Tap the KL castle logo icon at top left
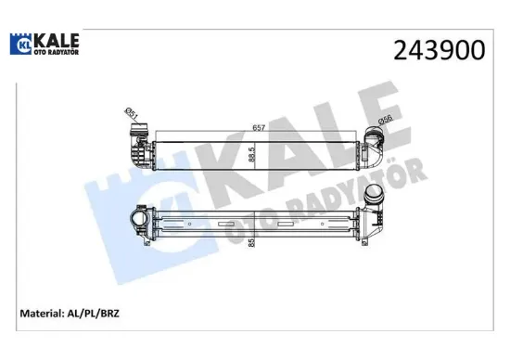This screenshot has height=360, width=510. point(19,43)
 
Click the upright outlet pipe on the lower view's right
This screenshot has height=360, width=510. point(376,199)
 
